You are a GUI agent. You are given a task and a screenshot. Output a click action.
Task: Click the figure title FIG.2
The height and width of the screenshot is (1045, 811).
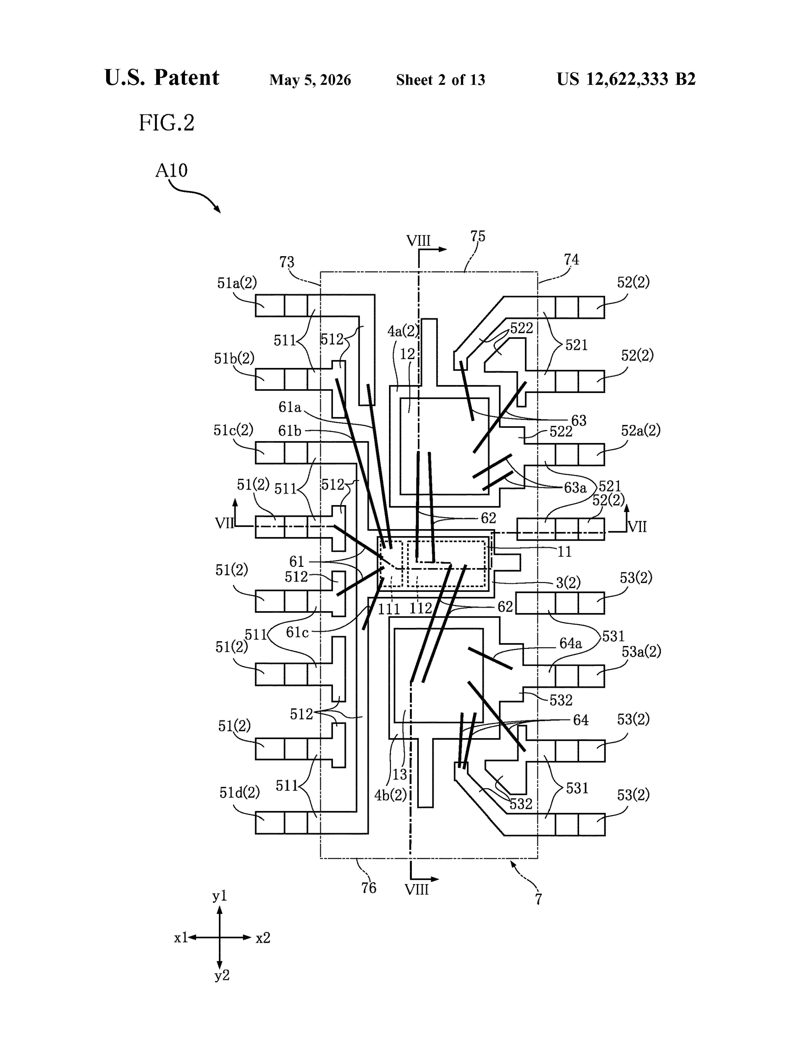pyautogui.click(x=167, y=123)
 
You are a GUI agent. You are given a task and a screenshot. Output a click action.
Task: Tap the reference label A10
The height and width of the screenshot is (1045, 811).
pyautogui.click(x=171, y=170)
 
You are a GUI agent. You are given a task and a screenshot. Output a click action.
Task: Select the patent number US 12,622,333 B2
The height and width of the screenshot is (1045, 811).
pyautogui.click(x=626, y=79)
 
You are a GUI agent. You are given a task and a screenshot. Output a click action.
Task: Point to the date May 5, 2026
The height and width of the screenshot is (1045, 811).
pyautogui.click(x=310, y=80)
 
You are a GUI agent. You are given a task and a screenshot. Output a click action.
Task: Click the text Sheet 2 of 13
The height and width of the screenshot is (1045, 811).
pyautogui.click(x=440, y=80)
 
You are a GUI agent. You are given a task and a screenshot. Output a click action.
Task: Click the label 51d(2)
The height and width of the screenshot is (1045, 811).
pyautogui.click(x=239, y=793)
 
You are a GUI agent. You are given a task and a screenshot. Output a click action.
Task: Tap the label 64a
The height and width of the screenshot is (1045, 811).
pyautogui.click(x=571, y=644)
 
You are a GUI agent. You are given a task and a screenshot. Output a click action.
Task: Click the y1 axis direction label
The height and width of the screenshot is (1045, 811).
pyautogui.click(x=220, y=896)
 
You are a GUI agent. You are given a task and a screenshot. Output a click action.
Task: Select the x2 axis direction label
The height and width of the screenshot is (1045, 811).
pyautogui.click(x=263, y=938)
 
